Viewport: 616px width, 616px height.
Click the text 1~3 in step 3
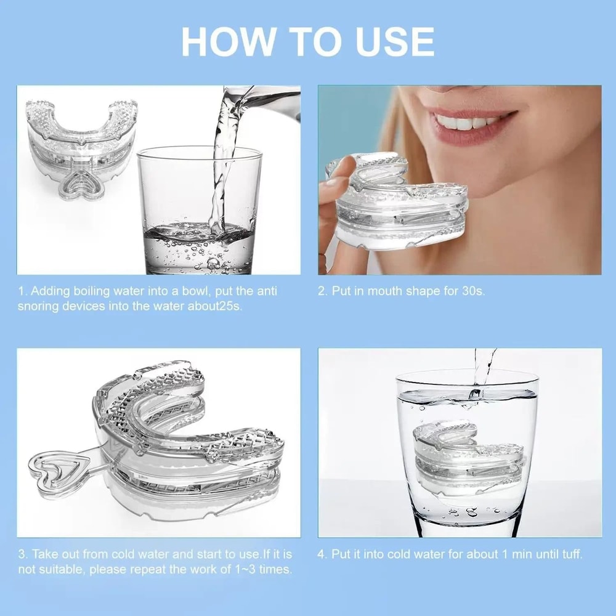click(246, 569)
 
